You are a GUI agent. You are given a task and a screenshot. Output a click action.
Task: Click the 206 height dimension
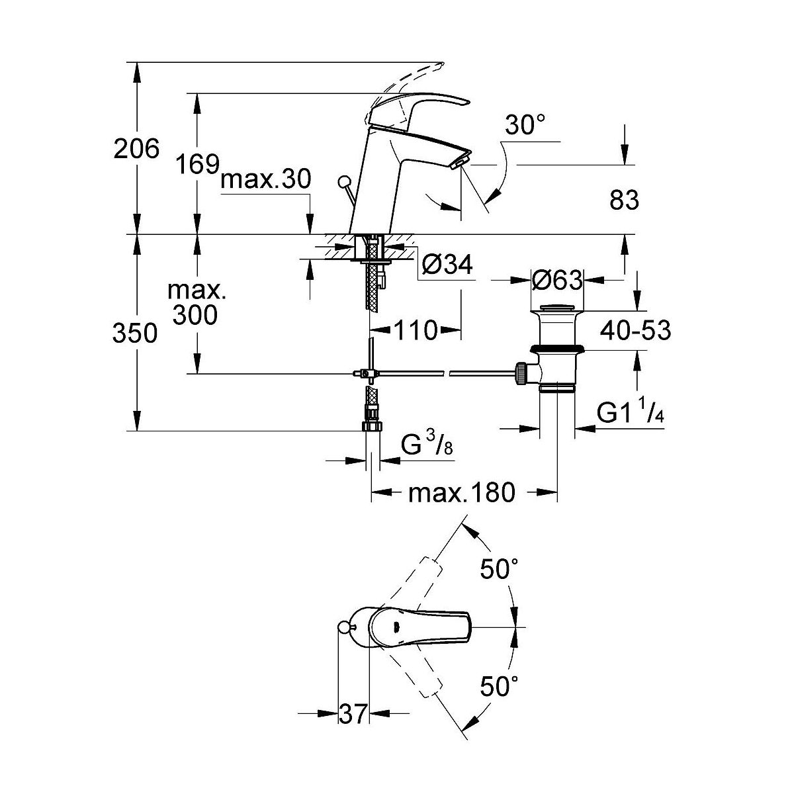[x=137, y=149]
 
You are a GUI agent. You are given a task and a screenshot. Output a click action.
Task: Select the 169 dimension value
[x=198, y=163]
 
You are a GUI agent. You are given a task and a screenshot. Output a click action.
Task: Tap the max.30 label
[x=265, y=179]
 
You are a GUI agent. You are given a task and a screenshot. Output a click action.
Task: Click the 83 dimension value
[x=623, y=200]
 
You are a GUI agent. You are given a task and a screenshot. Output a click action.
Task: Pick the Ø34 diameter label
[x=447, y=266]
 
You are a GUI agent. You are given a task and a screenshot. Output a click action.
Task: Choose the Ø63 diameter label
[x=556, y=281]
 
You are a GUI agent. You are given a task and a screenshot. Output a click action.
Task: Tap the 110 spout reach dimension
[x=417, y=329]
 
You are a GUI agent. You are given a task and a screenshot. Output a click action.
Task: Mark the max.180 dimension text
[x=461, y=493]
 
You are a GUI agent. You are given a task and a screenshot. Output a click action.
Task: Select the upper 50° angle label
[x=498, y=570]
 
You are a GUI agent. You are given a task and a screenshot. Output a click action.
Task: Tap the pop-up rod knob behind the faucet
[x=343, y=181]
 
